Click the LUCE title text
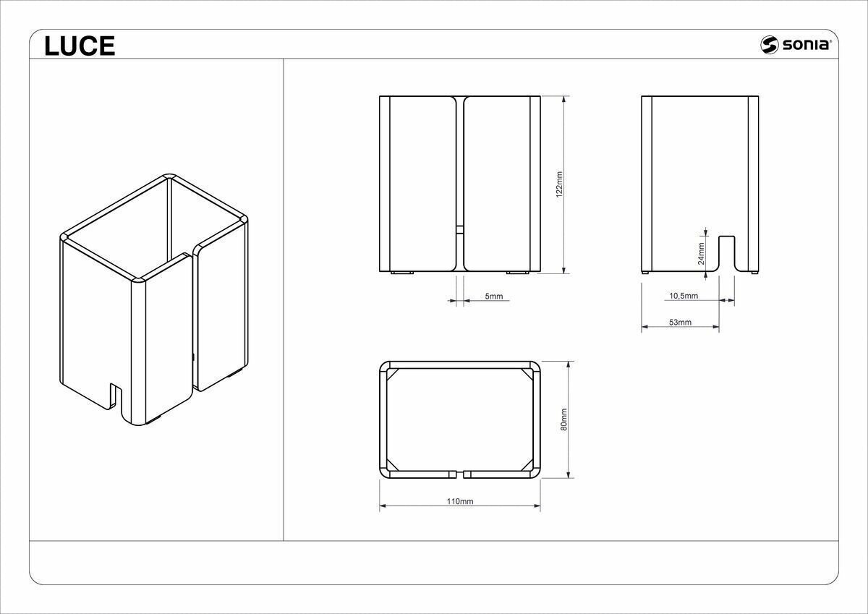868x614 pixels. pyautogui.click(x=80, y=46)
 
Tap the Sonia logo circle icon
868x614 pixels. pyautogui.click(x=769, y=45)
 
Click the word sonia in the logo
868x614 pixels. pyautogui.click(x=806, y=45)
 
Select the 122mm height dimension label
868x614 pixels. pyautogui.click(x=559, y=184)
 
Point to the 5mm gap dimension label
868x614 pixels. pyautogui.click(x=493, y=297)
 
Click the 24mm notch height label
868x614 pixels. pyautogui.click(x=701, y=254)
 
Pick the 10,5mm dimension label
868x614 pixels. pyautogui.click(x=684, y=296)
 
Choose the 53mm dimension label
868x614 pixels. pyautogui.click(x=680, y=323)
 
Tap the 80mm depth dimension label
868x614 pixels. pyautogui.click(x=563, y=419)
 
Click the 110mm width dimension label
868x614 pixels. pyautogui.click(x=460, y=501)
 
